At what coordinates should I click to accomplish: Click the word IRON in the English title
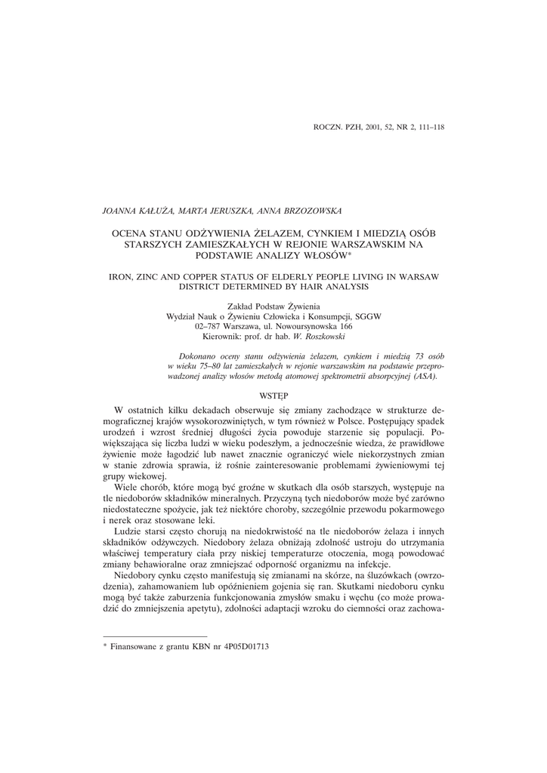(122, 277)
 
